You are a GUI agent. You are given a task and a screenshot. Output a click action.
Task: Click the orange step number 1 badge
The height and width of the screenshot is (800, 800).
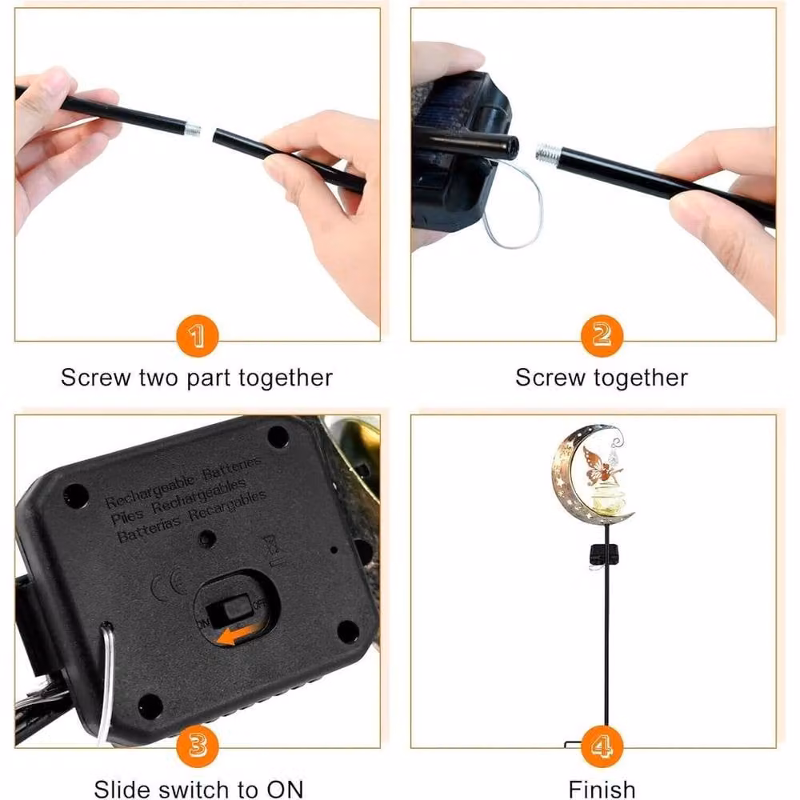(x=197, y=336)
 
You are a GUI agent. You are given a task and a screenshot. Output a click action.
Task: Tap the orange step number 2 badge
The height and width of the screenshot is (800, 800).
(x=602, y=336)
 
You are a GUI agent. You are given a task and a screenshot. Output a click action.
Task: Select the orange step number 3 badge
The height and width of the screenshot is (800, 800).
(x=198, y=746)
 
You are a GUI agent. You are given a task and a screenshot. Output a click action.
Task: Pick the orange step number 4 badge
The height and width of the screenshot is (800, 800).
(x=602, y=746)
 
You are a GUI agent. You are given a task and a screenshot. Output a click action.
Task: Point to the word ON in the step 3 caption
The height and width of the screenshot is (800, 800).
(x=285, y=789)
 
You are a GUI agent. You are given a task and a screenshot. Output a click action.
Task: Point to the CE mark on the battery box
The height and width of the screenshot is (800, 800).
(x=168, y=584)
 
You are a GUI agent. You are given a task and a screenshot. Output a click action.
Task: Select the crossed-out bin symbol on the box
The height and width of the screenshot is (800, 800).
(x=271, y=546)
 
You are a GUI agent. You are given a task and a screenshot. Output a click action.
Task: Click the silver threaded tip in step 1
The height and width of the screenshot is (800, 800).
(x=192, y=129)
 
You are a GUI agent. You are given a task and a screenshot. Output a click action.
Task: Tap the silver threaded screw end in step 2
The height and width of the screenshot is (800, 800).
(x=548, y=150)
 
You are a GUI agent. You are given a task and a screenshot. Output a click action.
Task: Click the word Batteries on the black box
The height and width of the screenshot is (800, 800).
(x=232, y=468)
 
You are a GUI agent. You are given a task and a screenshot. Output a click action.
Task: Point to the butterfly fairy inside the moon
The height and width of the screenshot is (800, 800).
(x=602, y=466)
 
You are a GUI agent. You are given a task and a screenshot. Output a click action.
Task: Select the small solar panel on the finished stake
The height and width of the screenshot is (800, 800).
(x=604, y=554)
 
